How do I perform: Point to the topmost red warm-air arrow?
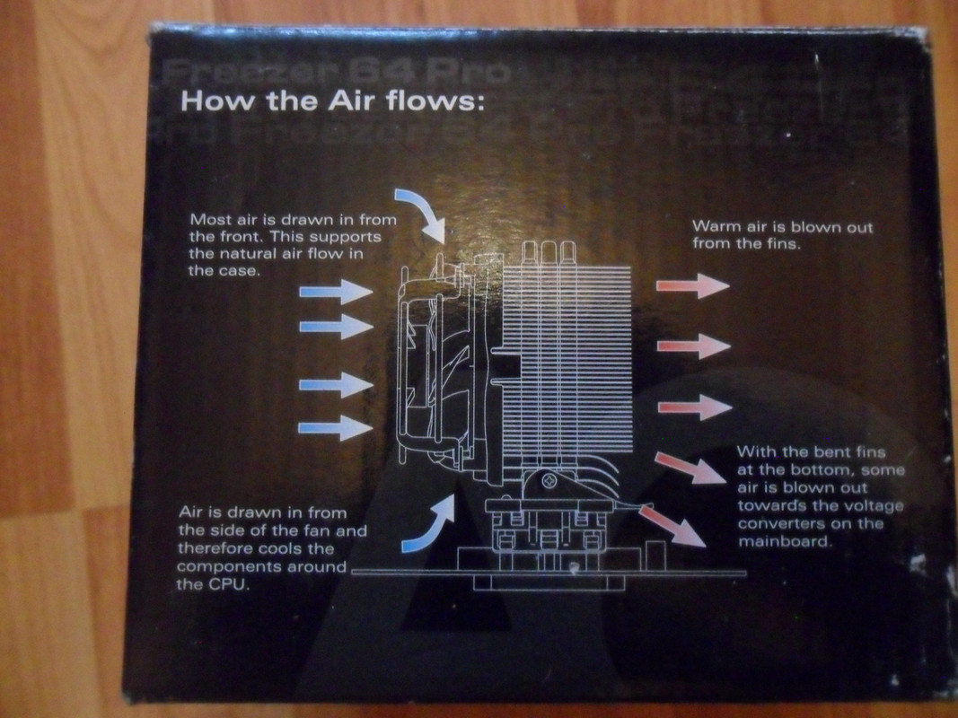692,286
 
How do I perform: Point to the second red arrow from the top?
692,346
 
